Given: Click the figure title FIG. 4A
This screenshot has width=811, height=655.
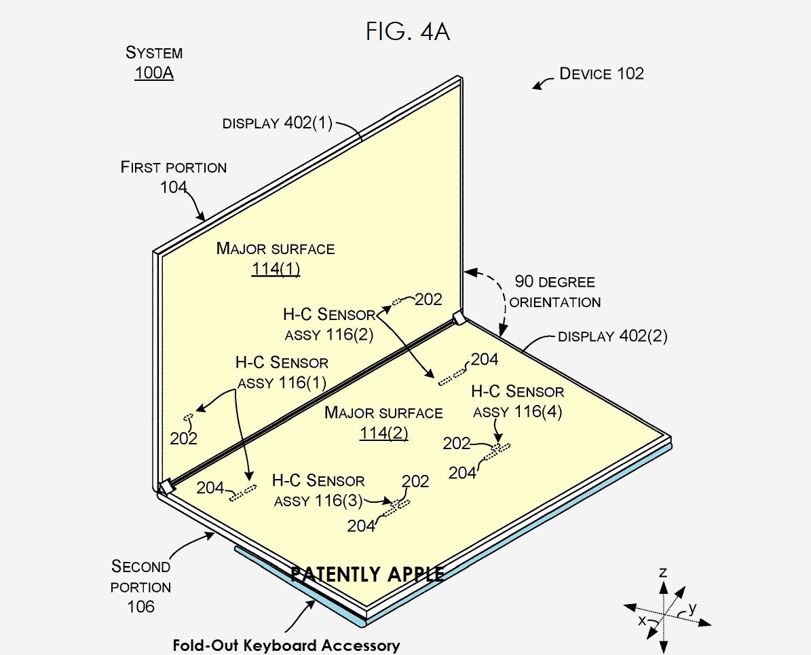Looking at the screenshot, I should click(408, 32).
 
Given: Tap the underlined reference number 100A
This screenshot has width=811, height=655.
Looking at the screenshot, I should click(154, 73).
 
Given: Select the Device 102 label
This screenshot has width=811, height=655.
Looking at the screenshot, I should click(601, 73).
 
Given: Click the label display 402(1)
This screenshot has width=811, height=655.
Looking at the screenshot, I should click(278, 124).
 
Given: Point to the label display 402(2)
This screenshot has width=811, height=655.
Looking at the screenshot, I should click(612, 336).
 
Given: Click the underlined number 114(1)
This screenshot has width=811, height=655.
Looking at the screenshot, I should click(276, 269).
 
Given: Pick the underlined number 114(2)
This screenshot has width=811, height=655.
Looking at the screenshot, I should click(383, 433).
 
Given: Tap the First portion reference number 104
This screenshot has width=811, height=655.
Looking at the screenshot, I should click(174, 187).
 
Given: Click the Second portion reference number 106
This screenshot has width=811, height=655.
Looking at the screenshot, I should click(140, 606).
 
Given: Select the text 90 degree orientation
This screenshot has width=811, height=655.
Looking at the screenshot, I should click(554, 292).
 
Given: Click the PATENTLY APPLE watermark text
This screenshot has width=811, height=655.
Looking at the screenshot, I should click(367, 574).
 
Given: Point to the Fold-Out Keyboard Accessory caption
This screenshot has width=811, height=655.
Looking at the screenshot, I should click(286, 645).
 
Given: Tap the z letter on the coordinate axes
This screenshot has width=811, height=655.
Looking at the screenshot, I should click(663, 573).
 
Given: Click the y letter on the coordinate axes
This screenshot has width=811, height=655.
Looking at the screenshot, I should click(692, 607).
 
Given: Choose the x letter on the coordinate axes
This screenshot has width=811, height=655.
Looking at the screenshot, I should click(642, 620).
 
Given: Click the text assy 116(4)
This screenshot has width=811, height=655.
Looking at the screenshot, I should click(517, 412).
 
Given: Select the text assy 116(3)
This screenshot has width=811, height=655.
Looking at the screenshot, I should click(318, 501).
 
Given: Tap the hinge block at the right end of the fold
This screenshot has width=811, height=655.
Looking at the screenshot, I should click(459, 318).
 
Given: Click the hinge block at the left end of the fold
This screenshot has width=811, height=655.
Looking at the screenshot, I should click(165, 486).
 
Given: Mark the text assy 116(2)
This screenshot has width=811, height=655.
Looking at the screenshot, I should click(328, 334).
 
